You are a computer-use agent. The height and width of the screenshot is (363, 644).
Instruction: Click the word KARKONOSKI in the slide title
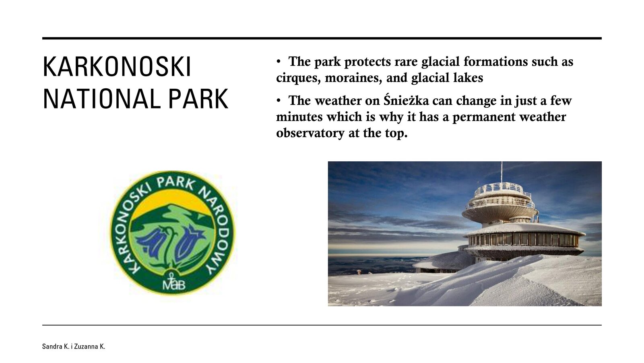[x=117, y=67]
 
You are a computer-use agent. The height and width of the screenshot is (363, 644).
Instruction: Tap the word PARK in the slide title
[x=198, y=99]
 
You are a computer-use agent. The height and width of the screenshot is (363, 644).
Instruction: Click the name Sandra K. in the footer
[x=56, y=346]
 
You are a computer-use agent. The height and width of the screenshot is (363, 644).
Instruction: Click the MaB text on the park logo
[x=174, y=285]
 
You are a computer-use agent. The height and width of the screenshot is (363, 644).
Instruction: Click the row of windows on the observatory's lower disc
[x=524, y=239]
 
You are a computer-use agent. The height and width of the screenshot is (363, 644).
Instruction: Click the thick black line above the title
[x=322, y=38]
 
